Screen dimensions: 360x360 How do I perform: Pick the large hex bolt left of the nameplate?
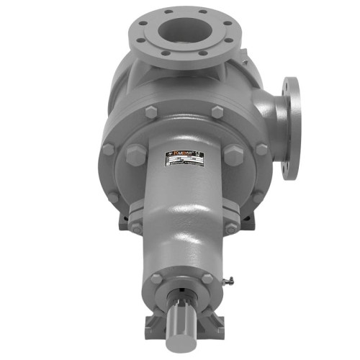(136, 155)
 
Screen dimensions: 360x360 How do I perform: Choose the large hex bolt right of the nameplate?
(233, 155)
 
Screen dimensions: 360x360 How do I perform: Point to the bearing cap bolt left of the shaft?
(156, 279)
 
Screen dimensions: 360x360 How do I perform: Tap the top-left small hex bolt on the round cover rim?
(150, 112)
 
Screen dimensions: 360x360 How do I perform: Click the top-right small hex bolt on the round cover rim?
(217, 112)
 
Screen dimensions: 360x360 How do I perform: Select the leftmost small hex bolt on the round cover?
(108, 149)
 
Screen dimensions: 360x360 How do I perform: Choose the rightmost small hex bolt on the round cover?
(261, 149)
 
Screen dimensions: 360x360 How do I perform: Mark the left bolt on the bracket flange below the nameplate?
(135, 228)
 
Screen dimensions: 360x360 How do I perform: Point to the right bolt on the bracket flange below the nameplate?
(231, 228)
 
